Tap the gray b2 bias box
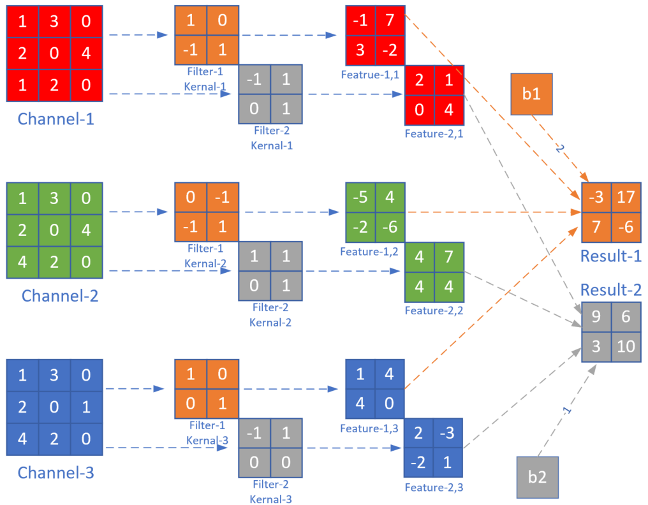point(537,477)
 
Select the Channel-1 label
point(55,119)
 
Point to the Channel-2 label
point(59,296)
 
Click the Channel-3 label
point(55,473)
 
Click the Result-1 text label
point(610,256)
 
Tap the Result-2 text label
point(610,290)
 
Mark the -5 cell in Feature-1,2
point(360,198)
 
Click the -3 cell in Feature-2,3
point(448,433)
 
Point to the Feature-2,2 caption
point(434,311)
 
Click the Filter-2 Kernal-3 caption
point(270,492)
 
